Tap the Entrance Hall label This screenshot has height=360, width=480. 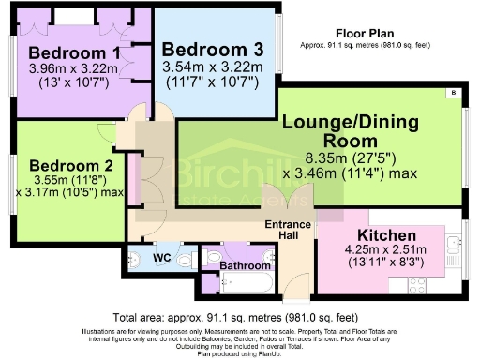284,229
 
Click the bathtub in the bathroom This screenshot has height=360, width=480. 244,283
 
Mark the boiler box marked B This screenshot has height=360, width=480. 454,92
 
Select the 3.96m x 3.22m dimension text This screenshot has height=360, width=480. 71,68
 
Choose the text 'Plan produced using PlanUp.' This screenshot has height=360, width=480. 240,354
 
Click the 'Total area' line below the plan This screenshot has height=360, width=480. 240,316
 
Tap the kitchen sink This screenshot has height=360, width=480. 454,246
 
